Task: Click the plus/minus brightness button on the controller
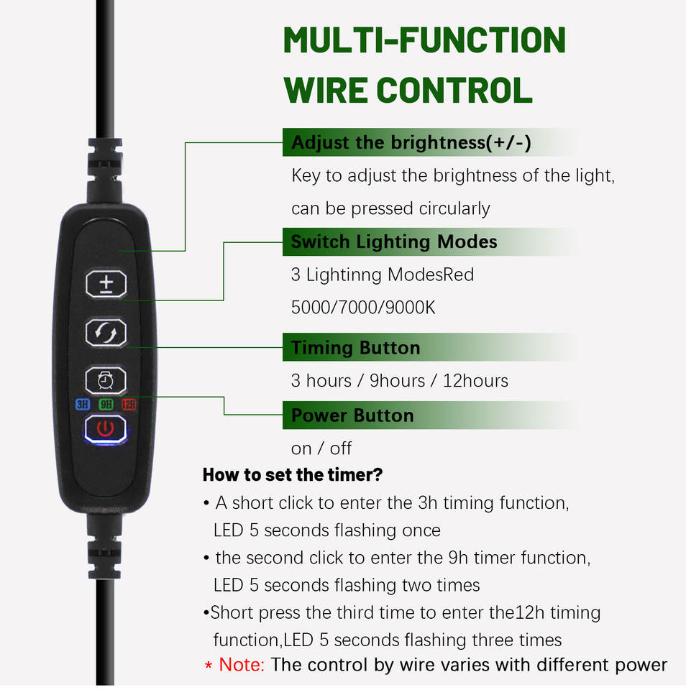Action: pyautogui.click(x=106, y=284)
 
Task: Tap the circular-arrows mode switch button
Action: pyautogui.click(x=106, y=333)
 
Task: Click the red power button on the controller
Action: pyautogui.click(x=106, y=430)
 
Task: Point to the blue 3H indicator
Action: pyautogui.click(x=83, y=405)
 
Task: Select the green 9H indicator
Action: pyautogui.click(x=106, y=405)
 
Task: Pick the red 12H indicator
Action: pyautogui.click(x=129, y=405)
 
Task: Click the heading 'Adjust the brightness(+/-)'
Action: pyautogui.click(x=411, y=142)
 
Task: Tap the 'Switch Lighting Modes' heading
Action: pyautogui.click(x=393, y=242)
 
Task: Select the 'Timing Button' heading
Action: pyautogui.click(x=355, y=348)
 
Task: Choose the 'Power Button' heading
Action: pyautogui.click(x=352, y=415)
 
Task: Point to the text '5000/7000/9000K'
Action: pyautogui.click(x=363, y=308)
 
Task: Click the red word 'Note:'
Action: pyautogui.click(x=242, y=665)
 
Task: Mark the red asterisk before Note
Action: pyautogui.click(x=209, y=666)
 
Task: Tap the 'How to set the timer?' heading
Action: pyautogui.click(x=292, y=474)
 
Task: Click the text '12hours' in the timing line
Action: pyautogui.click(x=475, y=380)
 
